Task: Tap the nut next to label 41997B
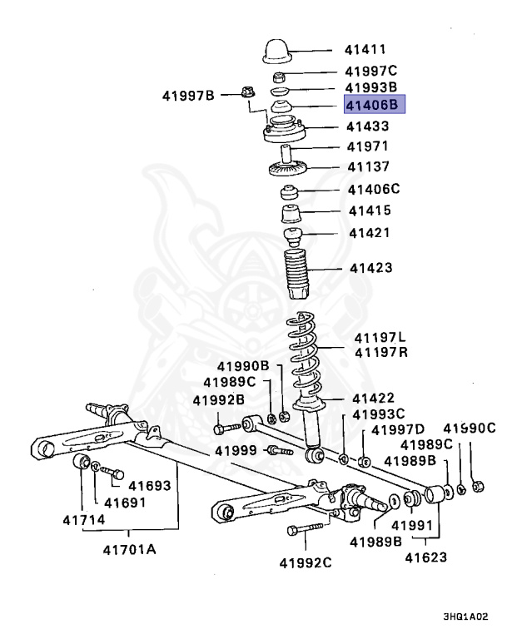click(246, 92)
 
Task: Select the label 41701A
click(129, 549)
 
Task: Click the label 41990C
click(469, 428)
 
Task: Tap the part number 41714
click(83, 520)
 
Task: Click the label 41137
click(368, 166)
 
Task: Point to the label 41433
click(368, 126)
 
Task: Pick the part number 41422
click(372, 399)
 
